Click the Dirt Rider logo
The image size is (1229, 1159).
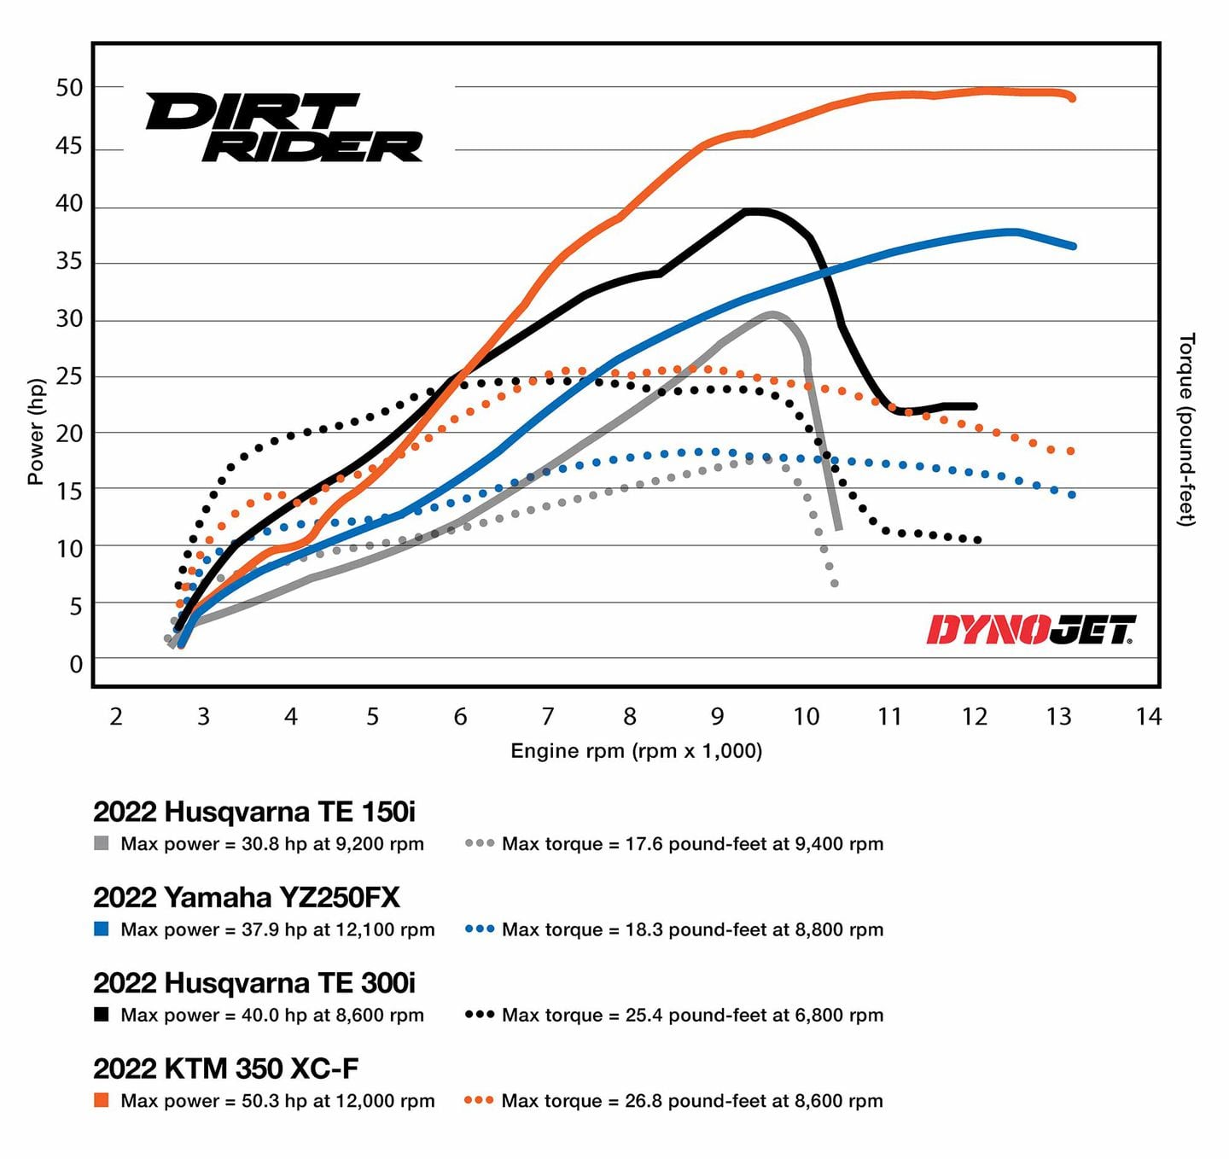click(x=284, y=127)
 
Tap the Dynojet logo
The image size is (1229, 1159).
click(x=1031, y=631)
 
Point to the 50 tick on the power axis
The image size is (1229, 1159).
click(x=69, y=88)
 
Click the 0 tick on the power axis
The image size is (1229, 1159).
click(x=76, y=664)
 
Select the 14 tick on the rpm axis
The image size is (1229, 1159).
click(x=1148, y=716)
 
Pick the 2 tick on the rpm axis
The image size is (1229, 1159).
click(x=116, y=716)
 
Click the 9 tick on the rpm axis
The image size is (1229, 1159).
click(x=717, y=716)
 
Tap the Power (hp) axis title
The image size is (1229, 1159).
click(x=35, y=432)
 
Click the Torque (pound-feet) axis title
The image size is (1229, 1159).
click(x=1187, y=429)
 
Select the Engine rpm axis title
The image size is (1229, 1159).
click(x=636, y=751)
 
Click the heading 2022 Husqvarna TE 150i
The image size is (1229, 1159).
click(x=254, y=812)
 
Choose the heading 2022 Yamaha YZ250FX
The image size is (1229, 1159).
click(x=247, y=897)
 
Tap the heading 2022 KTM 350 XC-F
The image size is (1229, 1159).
click(x=226, y=1069)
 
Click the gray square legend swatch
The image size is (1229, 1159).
click(x=101, y=844)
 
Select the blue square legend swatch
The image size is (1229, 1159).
click(x=101, y=929)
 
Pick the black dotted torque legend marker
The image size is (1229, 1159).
click(x=480, y=1015)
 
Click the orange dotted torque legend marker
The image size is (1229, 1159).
click(x=480, y=1100)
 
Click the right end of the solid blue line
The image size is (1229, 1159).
click(x=1072, y=246)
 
